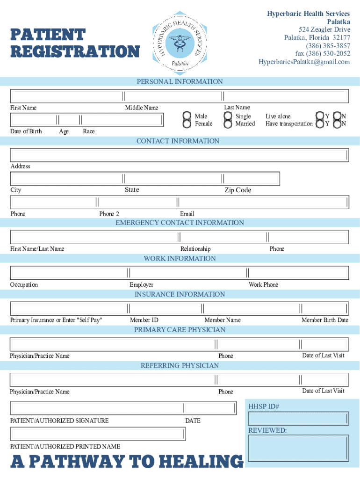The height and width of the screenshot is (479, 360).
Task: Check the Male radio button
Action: pos(187,116)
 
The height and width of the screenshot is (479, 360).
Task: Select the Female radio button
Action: pos(187,124)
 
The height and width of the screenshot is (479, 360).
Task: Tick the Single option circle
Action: pos(228,116)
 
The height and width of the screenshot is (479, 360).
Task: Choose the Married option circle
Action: pos(228,124)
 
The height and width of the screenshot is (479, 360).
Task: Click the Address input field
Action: pos(180,155)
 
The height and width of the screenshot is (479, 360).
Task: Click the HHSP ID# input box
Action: pos(298,419)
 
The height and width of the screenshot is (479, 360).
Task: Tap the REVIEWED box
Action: pos(298,449)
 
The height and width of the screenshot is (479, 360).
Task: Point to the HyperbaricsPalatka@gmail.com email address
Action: pos(304,62)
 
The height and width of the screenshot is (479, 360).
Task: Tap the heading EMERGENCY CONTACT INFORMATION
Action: pos(180,223)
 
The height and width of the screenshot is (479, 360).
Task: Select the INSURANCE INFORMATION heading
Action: pos(180,294)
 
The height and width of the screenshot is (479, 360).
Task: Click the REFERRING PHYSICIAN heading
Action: pos(180,365)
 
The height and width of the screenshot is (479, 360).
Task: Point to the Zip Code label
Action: pos(238,190)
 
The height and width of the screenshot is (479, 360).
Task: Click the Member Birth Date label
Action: pos(324,320)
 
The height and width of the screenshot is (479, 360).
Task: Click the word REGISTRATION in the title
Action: pos(75,51)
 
